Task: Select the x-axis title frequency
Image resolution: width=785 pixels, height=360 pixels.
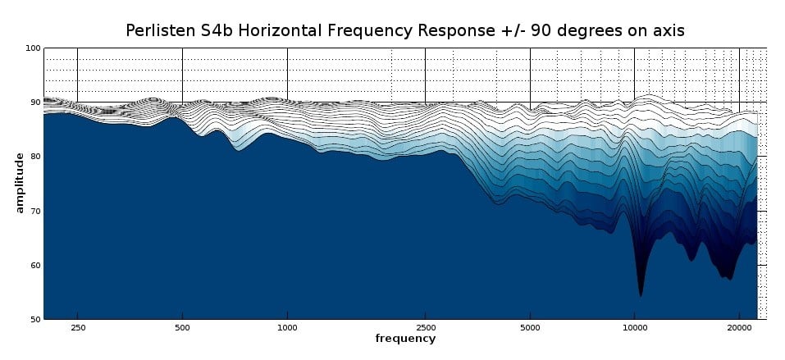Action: click(405, 338)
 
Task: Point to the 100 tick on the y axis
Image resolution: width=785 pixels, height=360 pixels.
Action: click(34, 48)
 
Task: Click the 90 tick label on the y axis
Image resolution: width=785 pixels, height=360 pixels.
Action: click(35, 103)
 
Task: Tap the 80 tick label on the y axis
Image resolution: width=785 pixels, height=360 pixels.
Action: click(35, 157)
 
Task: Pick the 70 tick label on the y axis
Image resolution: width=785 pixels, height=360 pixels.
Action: click(35, 211)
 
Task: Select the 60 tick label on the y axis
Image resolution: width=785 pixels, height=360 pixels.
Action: click(35, 265)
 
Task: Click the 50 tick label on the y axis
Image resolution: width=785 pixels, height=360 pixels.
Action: click(35, 319)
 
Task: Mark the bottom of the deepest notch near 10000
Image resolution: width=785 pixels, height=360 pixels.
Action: click(641, 294)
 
